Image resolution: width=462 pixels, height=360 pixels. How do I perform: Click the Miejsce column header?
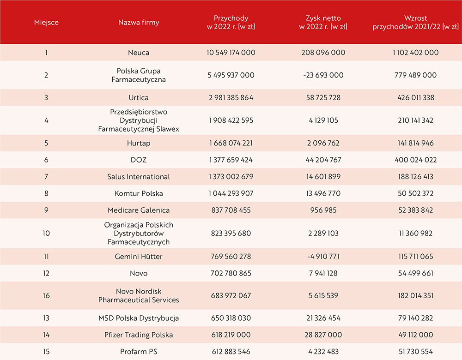coord(46,22)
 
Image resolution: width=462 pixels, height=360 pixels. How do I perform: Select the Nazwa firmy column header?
coord(139,22)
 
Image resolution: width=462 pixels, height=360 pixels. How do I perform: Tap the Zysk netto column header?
coord(323,22)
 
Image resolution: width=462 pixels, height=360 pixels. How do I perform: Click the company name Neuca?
coord(139,53)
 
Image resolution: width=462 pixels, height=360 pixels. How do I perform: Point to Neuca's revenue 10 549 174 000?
coord(231,53)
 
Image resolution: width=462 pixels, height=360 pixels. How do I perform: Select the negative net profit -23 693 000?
coord(323,75)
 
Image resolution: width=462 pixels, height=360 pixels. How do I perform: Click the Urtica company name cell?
coord(139,97)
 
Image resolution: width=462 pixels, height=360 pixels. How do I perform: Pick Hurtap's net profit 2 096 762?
coord(323,143)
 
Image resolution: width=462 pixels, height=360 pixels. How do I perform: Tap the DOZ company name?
coord(139,160)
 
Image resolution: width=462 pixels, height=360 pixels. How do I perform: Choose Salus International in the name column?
coord(139,177)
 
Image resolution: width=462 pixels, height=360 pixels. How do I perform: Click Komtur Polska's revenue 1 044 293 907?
coord(231,193)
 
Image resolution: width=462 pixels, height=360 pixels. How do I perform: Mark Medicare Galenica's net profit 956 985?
coord(323,210)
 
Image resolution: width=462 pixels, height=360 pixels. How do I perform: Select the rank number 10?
coord(46,233)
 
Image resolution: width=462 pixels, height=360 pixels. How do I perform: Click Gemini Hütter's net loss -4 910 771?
coord(323,257)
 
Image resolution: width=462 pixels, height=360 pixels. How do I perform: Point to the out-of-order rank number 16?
coord(46,295)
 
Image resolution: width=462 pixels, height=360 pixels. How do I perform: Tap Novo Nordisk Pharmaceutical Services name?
coord(139,295)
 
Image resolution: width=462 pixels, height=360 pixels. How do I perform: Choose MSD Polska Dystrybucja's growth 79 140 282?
coord(415,318)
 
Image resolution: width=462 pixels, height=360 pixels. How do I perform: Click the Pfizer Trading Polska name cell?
coord(139,335)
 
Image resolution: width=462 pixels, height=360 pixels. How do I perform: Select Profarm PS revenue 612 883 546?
coord(231,352)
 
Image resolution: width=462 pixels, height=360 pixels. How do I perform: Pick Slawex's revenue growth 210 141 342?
coord(415,120)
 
